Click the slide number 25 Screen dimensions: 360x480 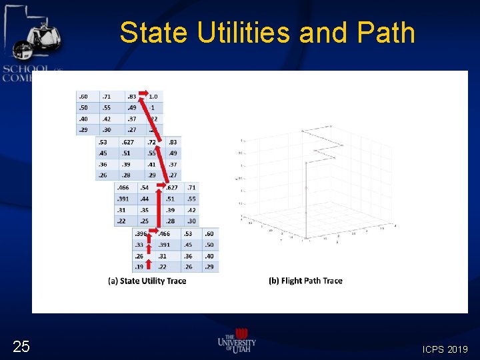click(x=21, y=346)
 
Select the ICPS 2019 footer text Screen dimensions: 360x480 click(x=445, y=349)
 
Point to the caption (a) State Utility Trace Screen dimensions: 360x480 click(x=147, y=281)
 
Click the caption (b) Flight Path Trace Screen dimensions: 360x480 click(x=305, y=281)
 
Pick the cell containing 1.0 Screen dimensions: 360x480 click(x=153, y=97)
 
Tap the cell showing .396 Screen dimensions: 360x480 click(x=141, y=234)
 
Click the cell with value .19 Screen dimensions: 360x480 click(x=141, y=267)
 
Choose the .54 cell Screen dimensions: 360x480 click(x=145, y=189)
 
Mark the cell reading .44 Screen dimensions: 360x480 click(x=145, y=199)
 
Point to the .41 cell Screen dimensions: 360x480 click(x=152, y=165)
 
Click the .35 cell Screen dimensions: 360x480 click(x=145, y=210)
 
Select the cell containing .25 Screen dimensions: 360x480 click(x=145, y=221)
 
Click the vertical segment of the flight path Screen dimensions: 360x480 click(x=306, y=200)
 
